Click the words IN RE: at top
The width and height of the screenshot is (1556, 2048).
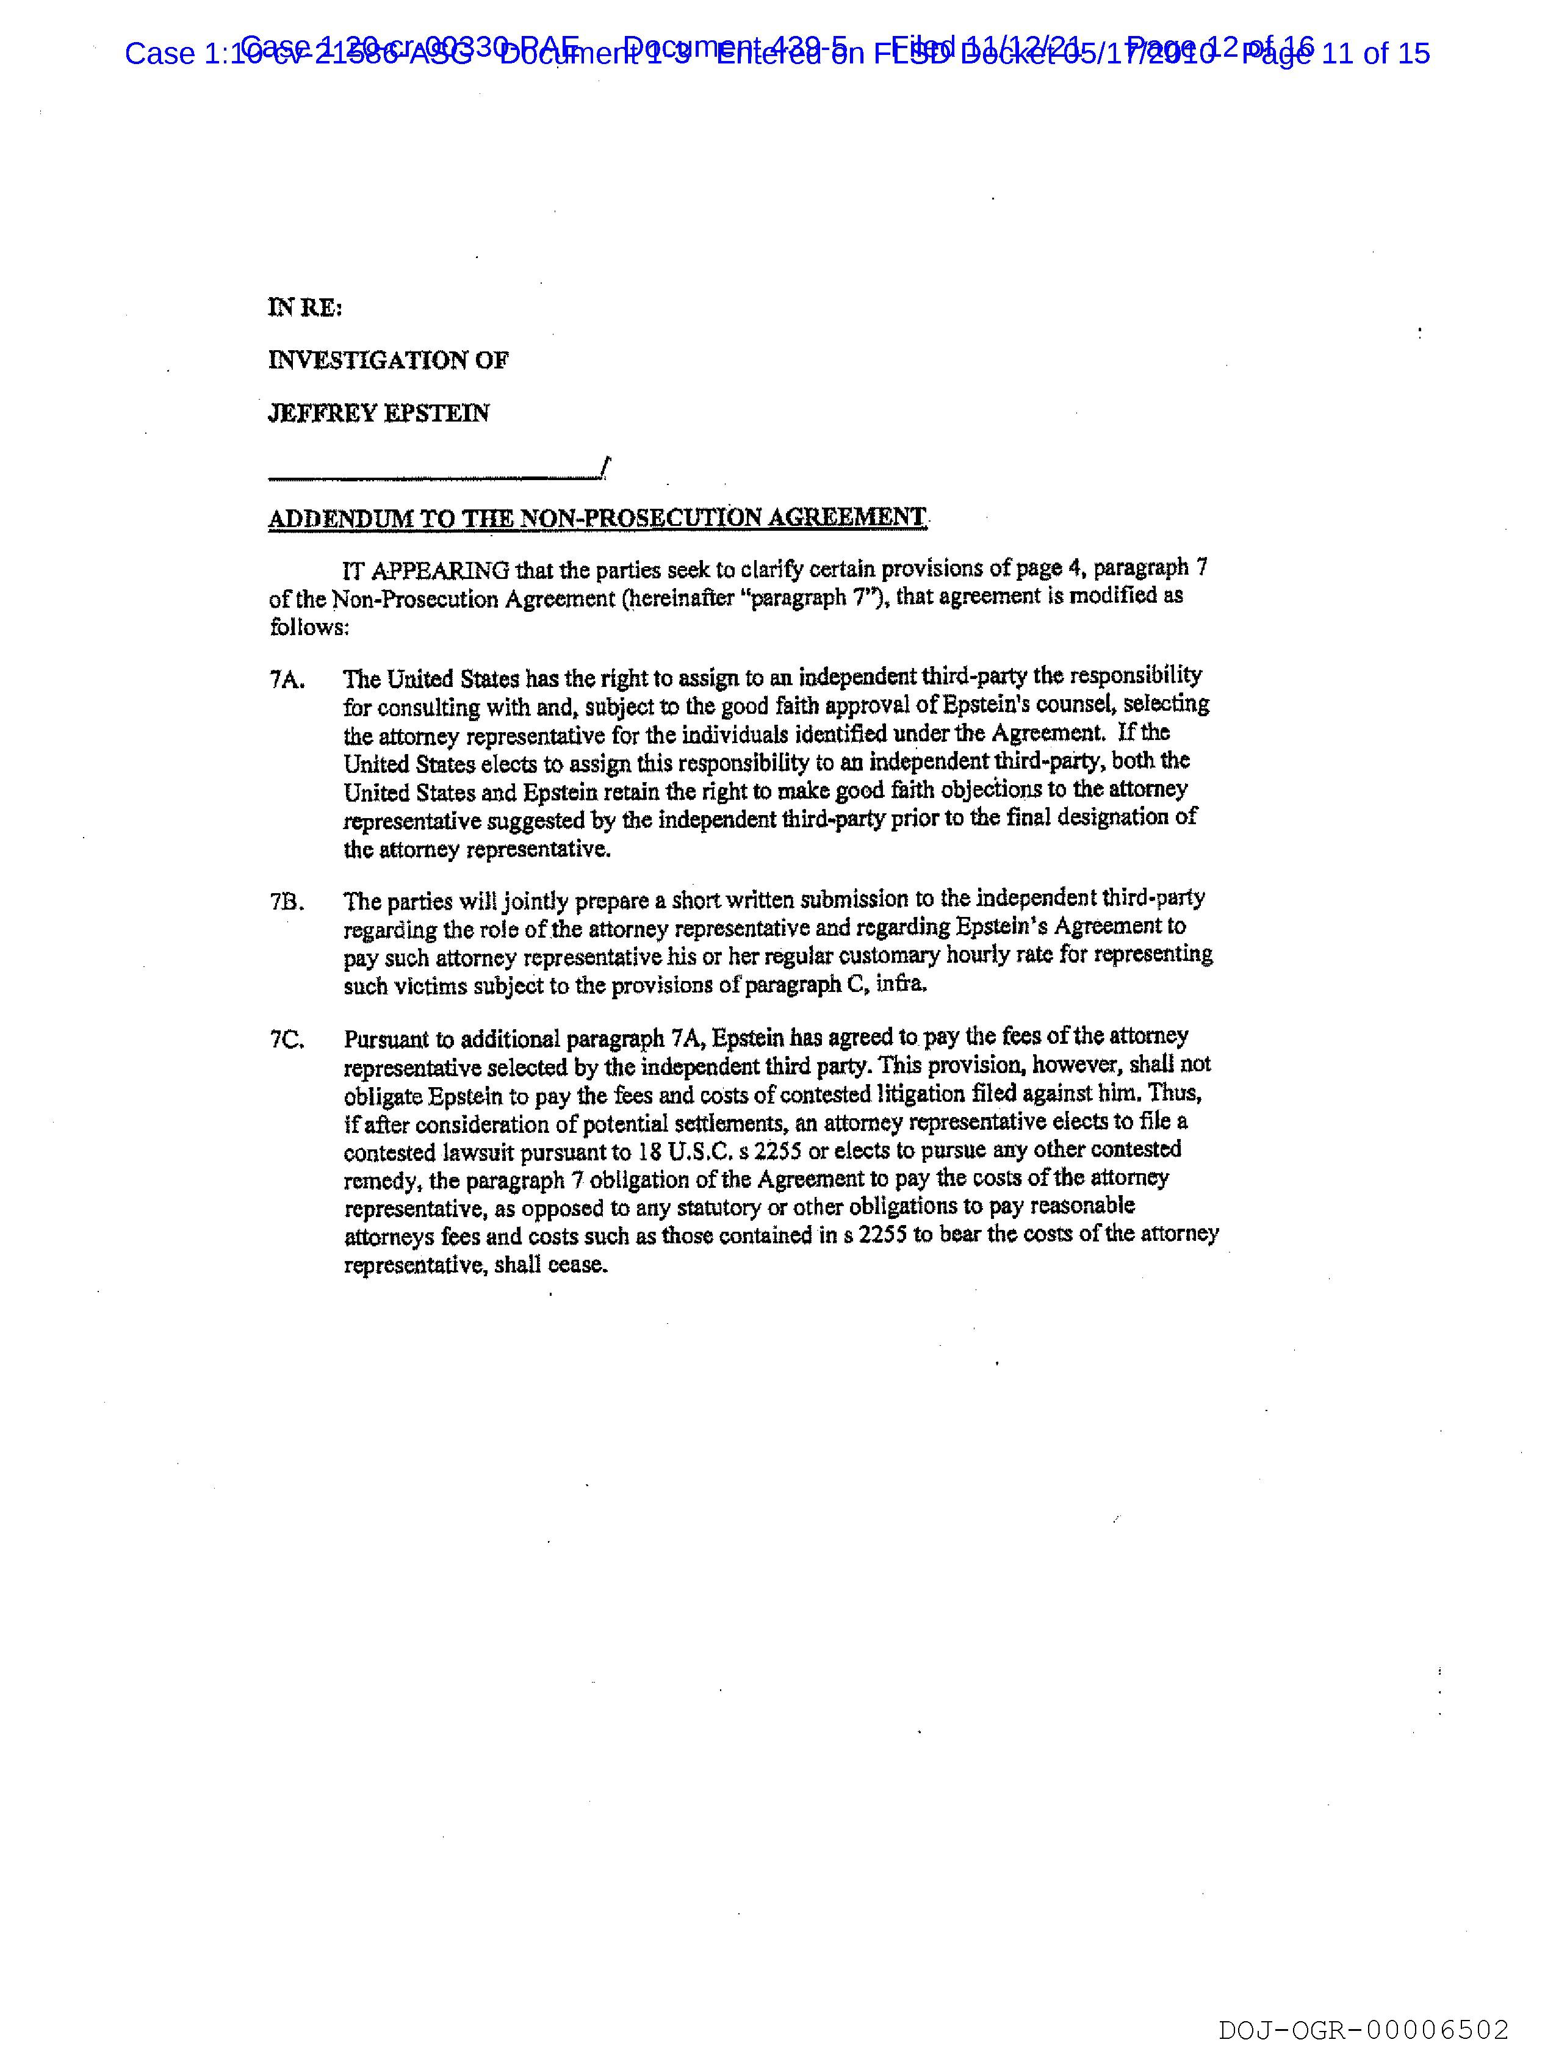tap(304, 307)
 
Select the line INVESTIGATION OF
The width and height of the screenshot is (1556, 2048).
tap(388, 360)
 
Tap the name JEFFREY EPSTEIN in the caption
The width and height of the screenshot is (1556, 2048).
tap(379, 413)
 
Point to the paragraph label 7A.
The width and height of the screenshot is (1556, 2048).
tap(286, 680)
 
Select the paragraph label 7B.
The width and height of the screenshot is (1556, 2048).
tap(286, 901)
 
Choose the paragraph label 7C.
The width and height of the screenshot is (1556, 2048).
tap(286, 1040)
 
